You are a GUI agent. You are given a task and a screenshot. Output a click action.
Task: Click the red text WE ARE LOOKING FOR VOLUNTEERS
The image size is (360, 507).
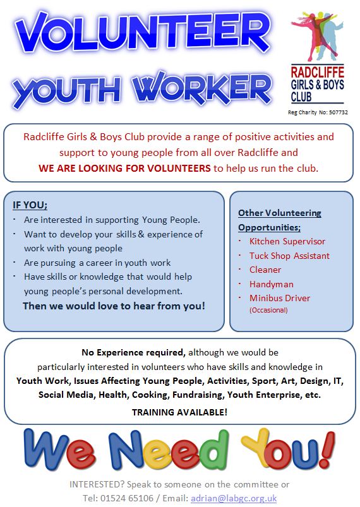click(125, 168)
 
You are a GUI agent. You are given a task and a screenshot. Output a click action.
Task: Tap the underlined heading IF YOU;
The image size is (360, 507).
click(30, 205)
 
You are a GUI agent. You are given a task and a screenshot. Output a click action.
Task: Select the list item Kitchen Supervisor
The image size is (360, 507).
click(287, 241)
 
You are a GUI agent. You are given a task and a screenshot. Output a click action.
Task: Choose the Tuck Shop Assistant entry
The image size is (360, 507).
click(289, 256)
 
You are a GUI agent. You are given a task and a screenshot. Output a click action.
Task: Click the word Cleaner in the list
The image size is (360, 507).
click(265, 270)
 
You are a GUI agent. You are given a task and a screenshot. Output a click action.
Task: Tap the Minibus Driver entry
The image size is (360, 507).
click(280, 298)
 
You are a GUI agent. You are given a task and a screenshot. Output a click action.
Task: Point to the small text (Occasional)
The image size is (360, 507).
click(269, 310)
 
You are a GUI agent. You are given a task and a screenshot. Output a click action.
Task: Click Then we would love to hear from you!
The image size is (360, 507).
click(114, 306)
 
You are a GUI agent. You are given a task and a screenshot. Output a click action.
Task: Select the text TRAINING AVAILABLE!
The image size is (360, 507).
click(179, 412)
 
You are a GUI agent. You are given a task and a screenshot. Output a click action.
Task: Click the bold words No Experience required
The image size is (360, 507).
click(133, 352)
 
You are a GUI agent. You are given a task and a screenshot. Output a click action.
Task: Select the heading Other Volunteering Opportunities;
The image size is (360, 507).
click(280, 220)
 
